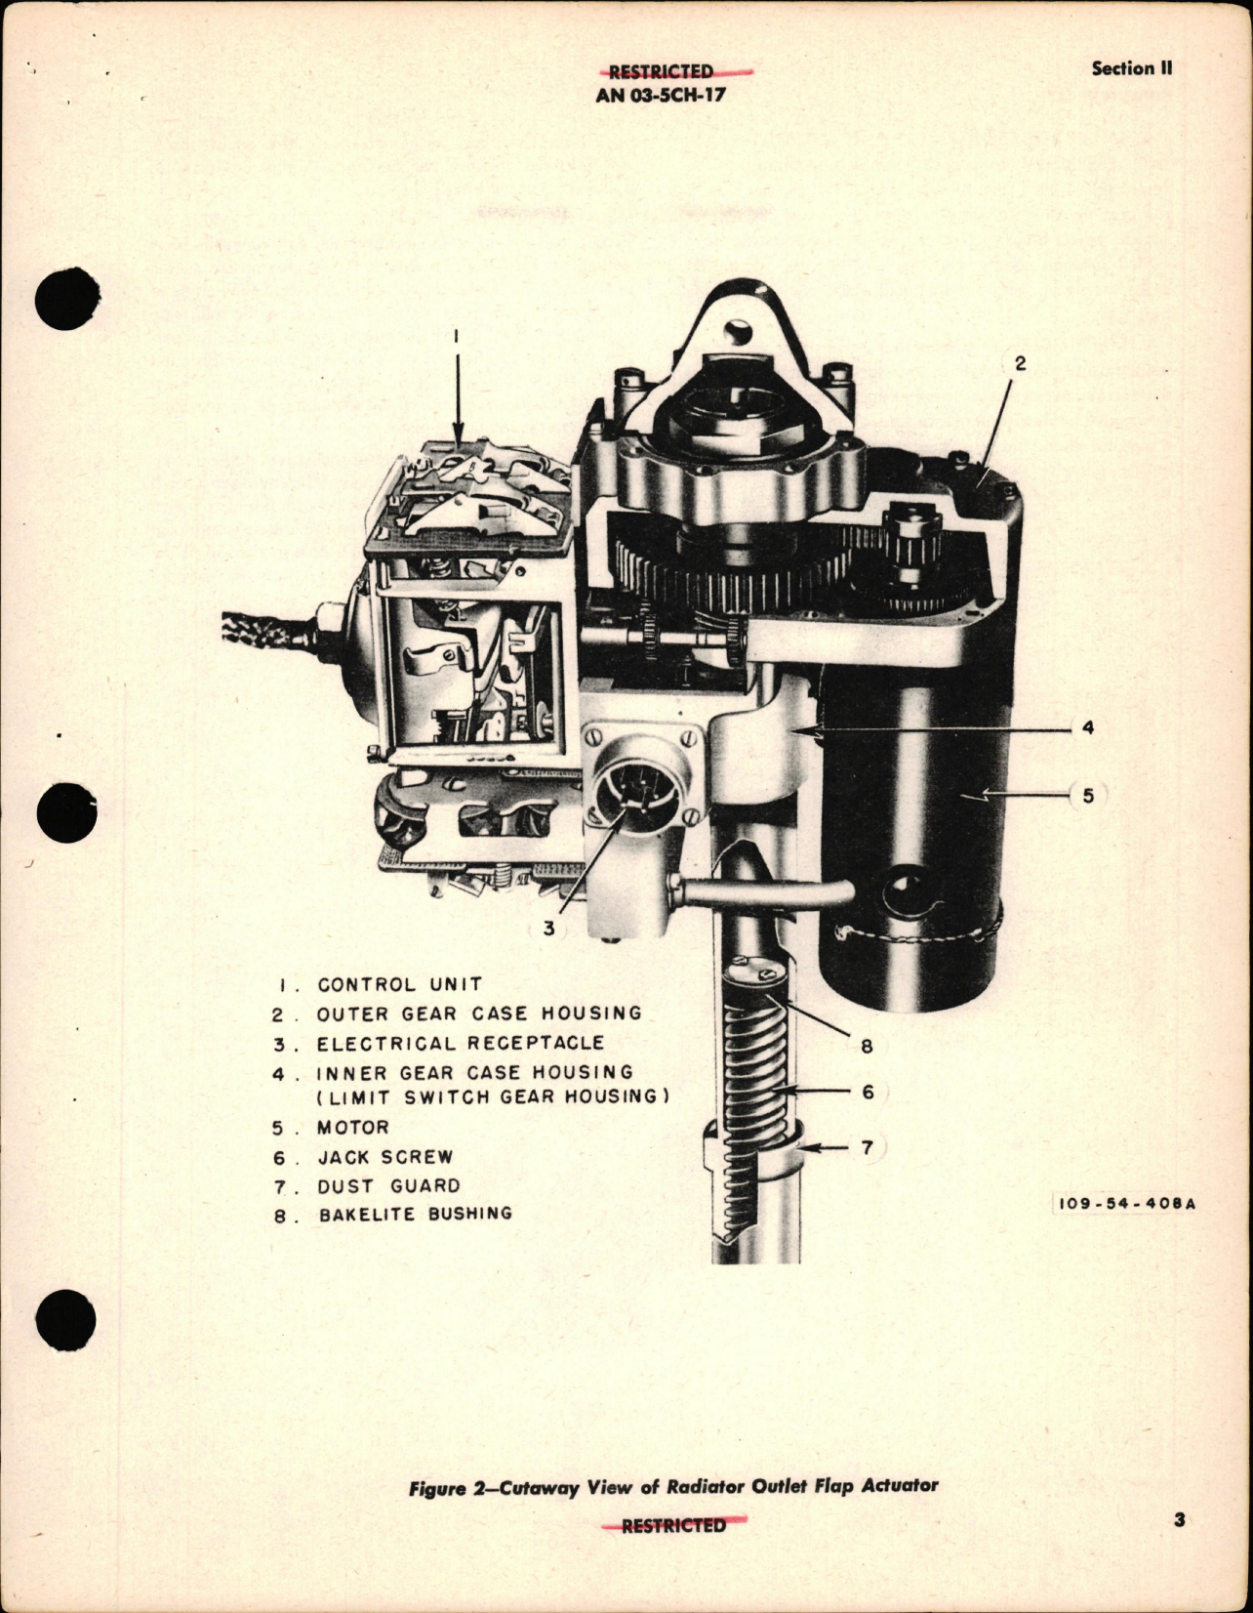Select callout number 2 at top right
1020,363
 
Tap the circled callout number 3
549,928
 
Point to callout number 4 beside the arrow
1088,727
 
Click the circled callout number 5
1088,796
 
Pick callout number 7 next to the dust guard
868,1148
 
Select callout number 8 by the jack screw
867,1047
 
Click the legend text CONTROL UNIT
399,985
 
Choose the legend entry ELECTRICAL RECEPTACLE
460,1044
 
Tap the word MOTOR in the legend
353,1128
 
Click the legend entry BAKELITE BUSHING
415,1215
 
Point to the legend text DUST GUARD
388,1186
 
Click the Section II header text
1131,68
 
